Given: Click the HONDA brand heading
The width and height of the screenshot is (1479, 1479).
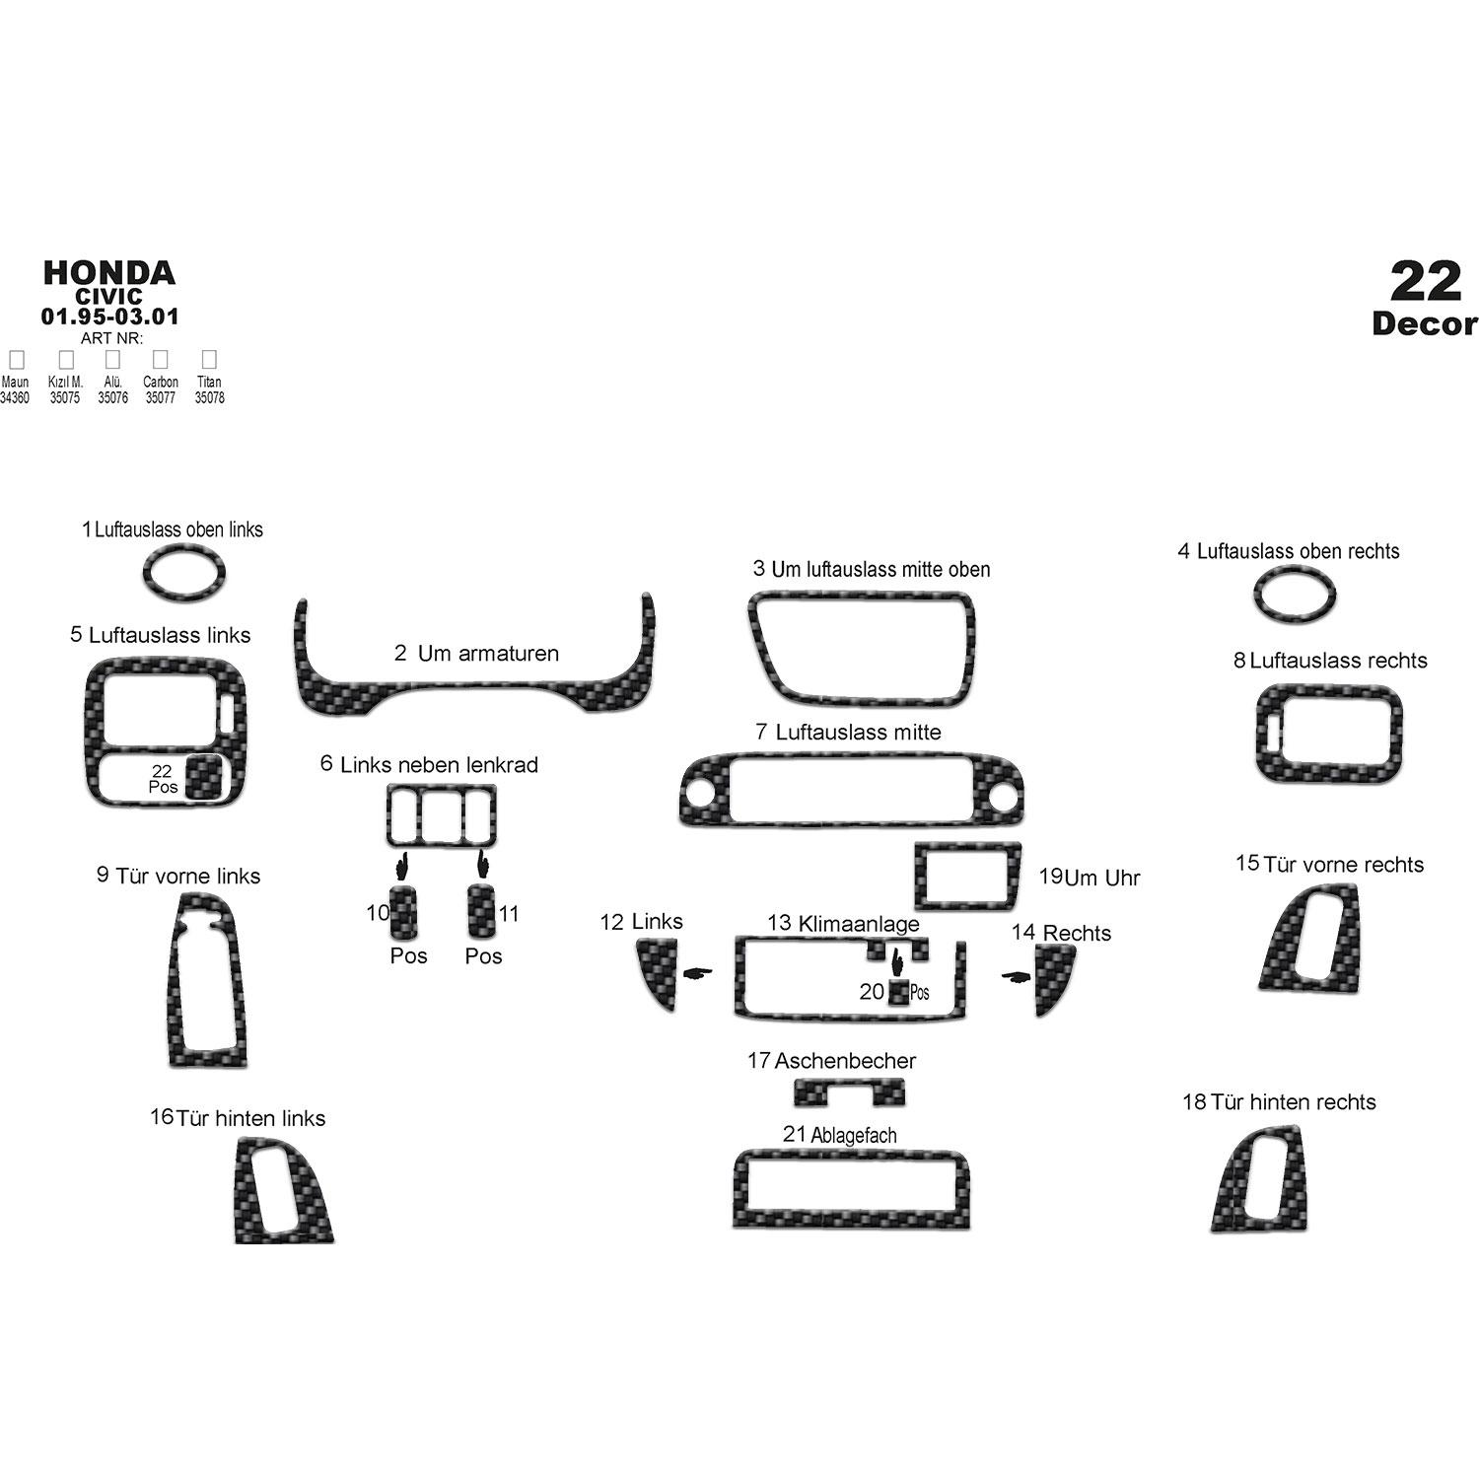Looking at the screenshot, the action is pyautogui.click(x=109, y=273).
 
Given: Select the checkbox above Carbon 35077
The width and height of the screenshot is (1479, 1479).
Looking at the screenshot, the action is pyautogui.click(x=160, y=360).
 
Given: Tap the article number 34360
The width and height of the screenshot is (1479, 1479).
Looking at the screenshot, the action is pyautogui.click(x=15, y=398).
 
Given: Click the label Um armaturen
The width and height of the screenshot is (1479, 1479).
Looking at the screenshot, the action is pyautogui.click(x=488, y=653).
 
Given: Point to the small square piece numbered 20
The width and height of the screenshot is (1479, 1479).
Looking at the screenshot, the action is pyautogui.click(x=898, y=992).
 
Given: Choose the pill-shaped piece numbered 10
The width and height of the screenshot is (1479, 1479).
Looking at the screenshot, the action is pyautogui.click(x=404, y=912).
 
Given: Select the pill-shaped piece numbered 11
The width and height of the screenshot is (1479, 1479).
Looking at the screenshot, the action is pyautogui.click(x=481, y=910).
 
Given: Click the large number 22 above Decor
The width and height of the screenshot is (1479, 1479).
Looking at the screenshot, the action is pyautogui.click(x=1426, y=282).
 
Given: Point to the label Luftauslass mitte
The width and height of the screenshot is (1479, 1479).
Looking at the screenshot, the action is pyautogui.click(x=858, y=733).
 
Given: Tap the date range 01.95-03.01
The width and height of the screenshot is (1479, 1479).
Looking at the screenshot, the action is pyautogui.click(x=109, y=317).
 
